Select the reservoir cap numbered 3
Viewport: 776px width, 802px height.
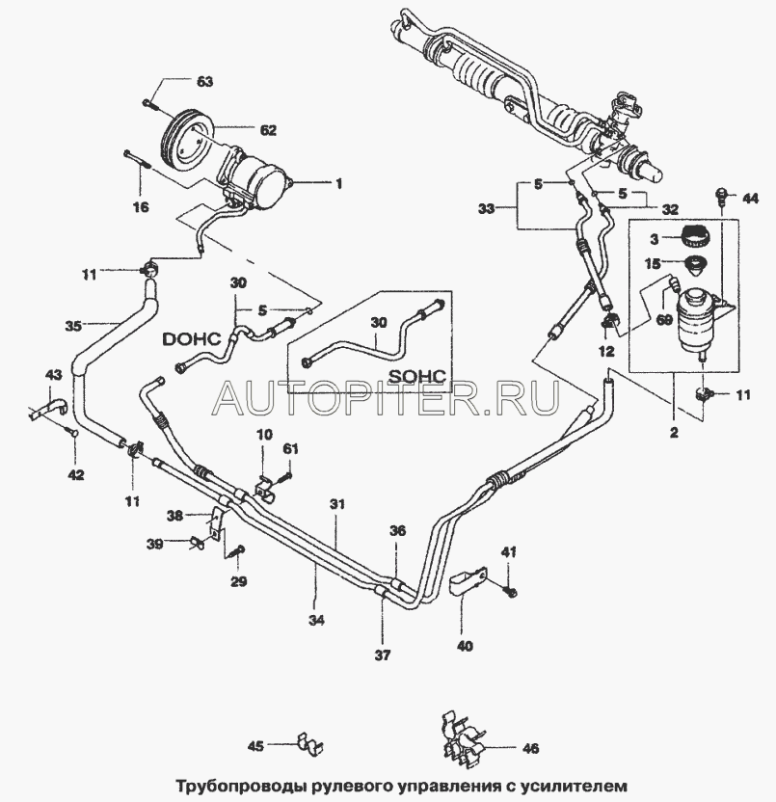[x=696, y=234]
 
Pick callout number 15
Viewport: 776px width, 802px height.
[x=654, y=263]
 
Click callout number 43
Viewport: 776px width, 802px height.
[x=54, y=374]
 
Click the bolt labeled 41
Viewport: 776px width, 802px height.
[x=511, y=589]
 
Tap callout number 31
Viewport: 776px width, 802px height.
[x=336, y=505]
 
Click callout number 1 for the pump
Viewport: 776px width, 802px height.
[x=338, y=183]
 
